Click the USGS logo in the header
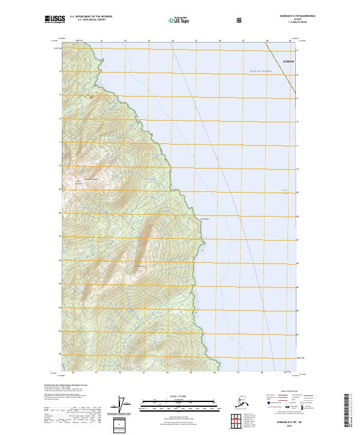[53, 19]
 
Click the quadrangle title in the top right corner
[293, 16]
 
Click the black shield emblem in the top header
[240, 20]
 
